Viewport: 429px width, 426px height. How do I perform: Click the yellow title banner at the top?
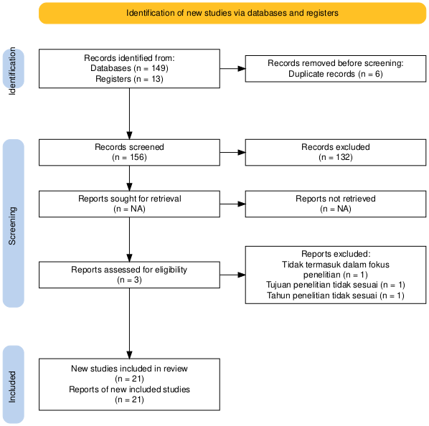(x=232, y=13)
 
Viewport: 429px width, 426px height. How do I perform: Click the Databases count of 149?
(x=160, y=68)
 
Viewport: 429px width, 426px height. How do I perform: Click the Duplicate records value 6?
(x=377, y=74)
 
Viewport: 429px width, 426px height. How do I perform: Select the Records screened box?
(x=129, y=152)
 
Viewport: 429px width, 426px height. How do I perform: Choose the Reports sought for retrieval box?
(x=129, y=204)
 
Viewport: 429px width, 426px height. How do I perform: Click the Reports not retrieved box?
(x=336, y=204)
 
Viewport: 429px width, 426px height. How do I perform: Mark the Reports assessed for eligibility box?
(x=129, y=275)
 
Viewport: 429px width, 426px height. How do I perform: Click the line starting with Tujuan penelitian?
(x=336, y=285)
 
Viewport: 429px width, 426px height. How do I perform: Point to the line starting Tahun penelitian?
(x=336, y=295)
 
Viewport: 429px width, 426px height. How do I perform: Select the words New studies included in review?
(x=129, y=369)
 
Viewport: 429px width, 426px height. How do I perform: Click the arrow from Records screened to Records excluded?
(x=232, y=152)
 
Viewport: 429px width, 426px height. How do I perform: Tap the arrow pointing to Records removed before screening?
(x=232, y=69)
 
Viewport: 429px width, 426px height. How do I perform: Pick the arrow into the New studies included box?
(x=129, y=323)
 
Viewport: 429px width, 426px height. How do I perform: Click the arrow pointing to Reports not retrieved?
(x=232, y=204)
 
